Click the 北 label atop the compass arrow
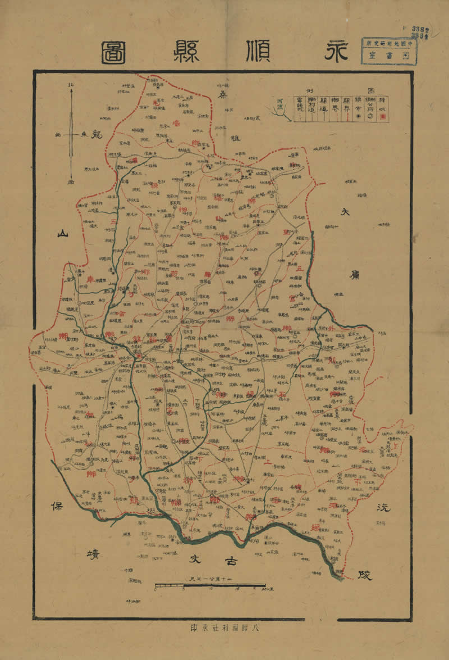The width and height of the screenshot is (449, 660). click(71, 86)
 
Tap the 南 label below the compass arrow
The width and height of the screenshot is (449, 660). click(71, 182)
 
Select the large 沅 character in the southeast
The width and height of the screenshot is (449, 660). click(383, 507)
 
